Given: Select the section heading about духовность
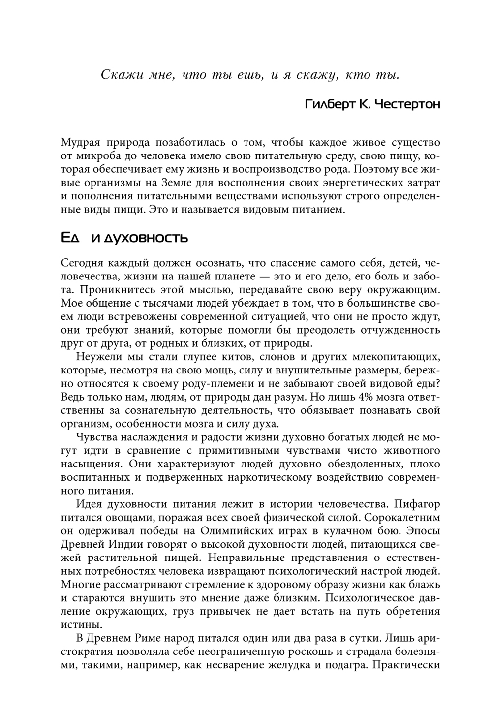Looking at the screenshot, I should coord(124,238).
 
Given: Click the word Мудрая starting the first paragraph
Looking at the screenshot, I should coord(80,143).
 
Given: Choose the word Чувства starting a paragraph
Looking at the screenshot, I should coord(97,437).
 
